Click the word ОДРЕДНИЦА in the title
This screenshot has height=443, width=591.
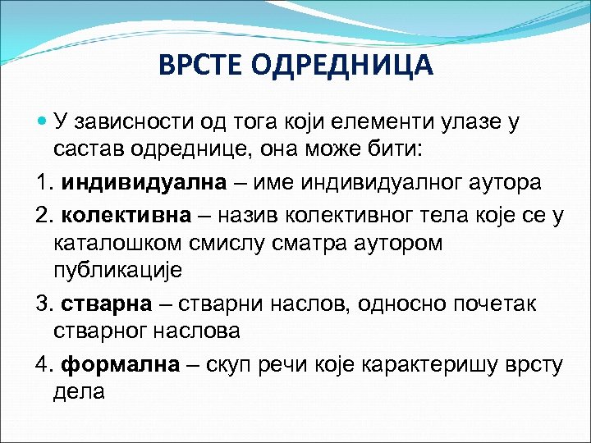coord(344,64)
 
